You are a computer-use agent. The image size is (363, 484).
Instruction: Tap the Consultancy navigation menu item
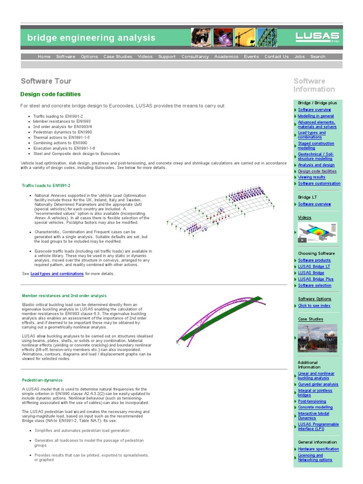pyautogui.click(x=195, y=57)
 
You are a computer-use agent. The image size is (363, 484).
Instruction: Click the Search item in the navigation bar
pyautogui.click(x=318, y=57)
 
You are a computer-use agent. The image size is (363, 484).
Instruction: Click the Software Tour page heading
pyautogui.click(x=43, y=81)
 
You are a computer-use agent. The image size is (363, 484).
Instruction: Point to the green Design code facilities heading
pyautogui.click(x=51, y=95)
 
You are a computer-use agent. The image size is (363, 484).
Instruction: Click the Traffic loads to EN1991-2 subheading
pyautogui.click(x=46, y=186)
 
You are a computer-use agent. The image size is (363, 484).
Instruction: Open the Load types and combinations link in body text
pyautogui.click(x=57, y=274)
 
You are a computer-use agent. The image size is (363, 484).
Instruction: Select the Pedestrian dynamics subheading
pyautogui.click(x=42, y=380)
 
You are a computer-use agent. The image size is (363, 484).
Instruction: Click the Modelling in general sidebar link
pyautogui.click(x=316, y=116)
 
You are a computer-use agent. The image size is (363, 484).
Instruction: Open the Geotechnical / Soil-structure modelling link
pyautogui.click(x=315, y=156)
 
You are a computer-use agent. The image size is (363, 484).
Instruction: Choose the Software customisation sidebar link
pyautogui.click(x=319, y=183)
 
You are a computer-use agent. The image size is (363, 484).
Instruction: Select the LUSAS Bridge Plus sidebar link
pyautogui.click(x=316, y=279)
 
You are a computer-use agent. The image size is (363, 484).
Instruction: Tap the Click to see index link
pyautogui.click(x=314, y=306)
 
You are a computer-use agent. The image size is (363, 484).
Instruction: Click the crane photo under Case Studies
pyautogui.click(x=317, y=338)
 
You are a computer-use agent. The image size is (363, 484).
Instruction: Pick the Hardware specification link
pyautogui.click(x=319, y=449)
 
